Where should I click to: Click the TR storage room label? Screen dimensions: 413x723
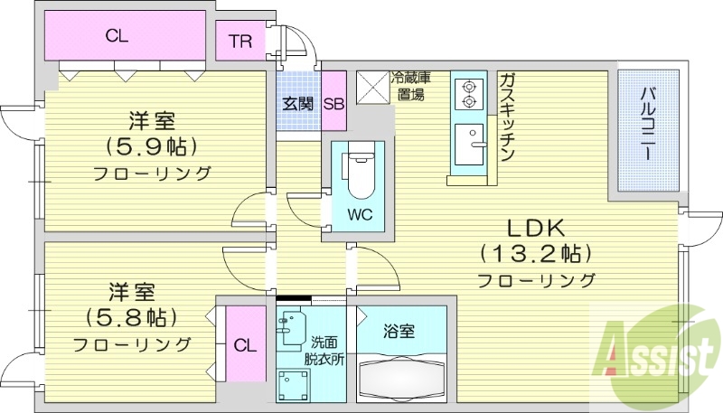point(239,42)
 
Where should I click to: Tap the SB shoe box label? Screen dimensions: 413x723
point(333,103)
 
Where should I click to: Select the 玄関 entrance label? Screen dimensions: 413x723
point(298,103)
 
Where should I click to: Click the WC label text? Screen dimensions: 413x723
point(360,215)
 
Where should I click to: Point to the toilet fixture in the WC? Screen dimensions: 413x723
point(360,173)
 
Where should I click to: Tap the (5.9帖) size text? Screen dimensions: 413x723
point(151,145)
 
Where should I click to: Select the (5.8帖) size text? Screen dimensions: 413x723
point(131,317)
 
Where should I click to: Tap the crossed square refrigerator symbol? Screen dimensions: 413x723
point(372,88)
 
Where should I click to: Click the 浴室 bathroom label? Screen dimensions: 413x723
point(400,332)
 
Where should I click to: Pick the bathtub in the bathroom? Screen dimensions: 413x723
point(403,374)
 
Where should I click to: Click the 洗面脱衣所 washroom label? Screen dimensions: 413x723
point(325,350)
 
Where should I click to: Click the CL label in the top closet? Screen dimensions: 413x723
point(117,37)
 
